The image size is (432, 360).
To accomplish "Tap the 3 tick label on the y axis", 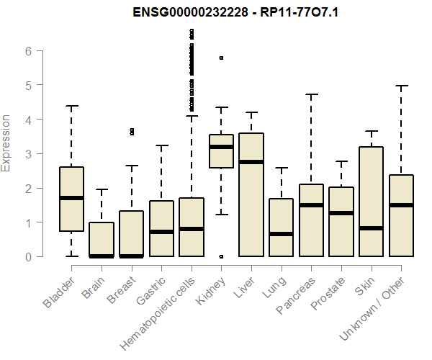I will click(28, 154).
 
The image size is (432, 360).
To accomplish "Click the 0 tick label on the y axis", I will click(28, 257).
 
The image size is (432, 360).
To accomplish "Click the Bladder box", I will click(71, 199).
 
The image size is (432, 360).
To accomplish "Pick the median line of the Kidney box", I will click(221, 147).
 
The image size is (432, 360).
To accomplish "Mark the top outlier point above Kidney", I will click(221, 58).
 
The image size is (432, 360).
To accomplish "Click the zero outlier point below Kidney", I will click(221, 256).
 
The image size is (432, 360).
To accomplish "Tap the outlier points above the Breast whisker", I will click(131, 132).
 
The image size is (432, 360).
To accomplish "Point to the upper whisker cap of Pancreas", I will click(311, 94).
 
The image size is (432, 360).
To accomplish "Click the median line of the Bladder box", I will click(71, 198).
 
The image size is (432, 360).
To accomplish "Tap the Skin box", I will click(372, 202).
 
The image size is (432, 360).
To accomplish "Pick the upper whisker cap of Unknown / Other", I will click(402, 86).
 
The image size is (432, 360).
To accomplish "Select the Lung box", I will click(282, 228).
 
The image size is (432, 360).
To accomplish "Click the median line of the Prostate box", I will click(341, 213).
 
